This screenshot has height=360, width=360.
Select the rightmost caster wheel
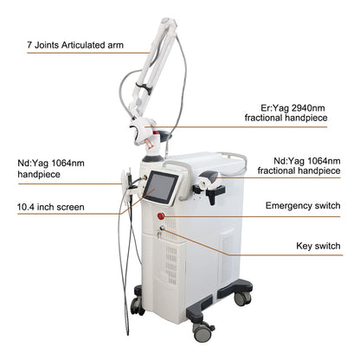coord(244,298)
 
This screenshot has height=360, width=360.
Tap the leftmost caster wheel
coord(138,304)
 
